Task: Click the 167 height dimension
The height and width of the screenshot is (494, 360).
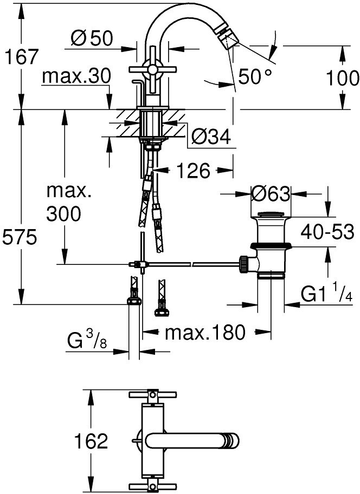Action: (22, 57)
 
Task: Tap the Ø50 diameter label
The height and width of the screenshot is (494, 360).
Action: (92, 39)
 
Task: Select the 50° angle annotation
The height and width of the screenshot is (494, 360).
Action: (255, 76)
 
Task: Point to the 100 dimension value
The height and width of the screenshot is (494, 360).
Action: (342, 78)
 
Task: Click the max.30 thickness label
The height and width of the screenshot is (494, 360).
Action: (76, 76)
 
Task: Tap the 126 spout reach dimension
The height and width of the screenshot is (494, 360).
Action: (193, 171)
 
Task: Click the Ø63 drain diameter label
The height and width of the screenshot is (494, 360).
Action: (271, 194)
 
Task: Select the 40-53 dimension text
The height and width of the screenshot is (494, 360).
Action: (327, 232)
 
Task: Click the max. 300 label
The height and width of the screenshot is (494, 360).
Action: (68, 203)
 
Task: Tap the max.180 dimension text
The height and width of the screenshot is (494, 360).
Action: (205, 331)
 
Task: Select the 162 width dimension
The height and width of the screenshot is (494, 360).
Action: (91, 441)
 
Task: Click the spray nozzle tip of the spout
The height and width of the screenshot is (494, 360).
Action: (229, 39)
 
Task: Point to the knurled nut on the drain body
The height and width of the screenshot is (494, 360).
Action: (243, 263)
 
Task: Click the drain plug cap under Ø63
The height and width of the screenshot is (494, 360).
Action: (271, 214)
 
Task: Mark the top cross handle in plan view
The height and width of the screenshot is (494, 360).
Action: (152, 395)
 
